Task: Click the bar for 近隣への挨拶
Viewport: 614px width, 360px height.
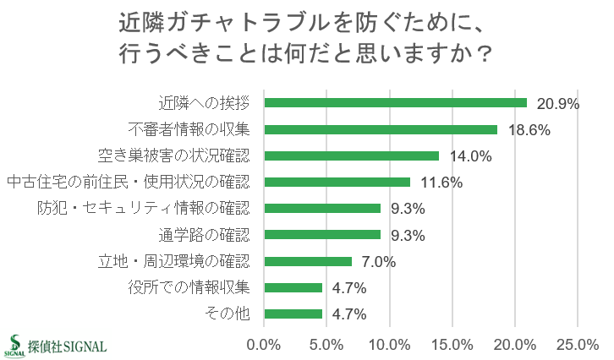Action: [x=395, y=103]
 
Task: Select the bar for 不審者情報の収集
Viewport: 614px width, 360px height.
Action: [x=381, y=129]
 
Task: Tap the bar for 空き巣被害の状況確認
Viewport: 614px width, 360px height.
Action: [x=352, y=155]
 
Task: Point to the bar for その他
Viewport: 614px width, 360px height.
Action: [x=293, y=314]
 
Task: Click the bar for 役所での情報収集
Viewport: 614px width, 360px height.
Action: [x=293, y=287]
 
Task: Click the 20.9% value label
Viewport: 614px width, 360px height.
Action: [x=557, y=104]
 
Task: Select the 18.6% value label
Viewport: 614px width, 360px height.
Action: [x=529, y=130]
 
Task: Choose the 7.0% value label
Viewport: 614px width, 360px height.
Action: [x=380, y=261]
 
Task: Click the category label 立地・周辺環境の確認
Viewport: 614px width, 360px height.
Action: [x=175, y=261]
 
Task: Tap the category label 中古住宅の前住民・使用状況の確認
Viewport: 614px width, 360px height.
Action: [x=129, y=183]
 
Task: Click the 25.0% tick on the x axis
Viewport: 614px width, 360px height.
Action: [x=577, y=345]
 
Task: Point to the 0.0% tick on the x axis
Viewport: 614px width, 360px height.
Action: [x=264, y=345]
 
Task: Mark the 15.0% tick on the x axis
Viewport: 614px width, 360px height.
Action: [x=452, y=345]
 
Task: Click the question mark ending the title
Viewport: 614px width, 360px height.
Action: [x=484, y=55]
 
